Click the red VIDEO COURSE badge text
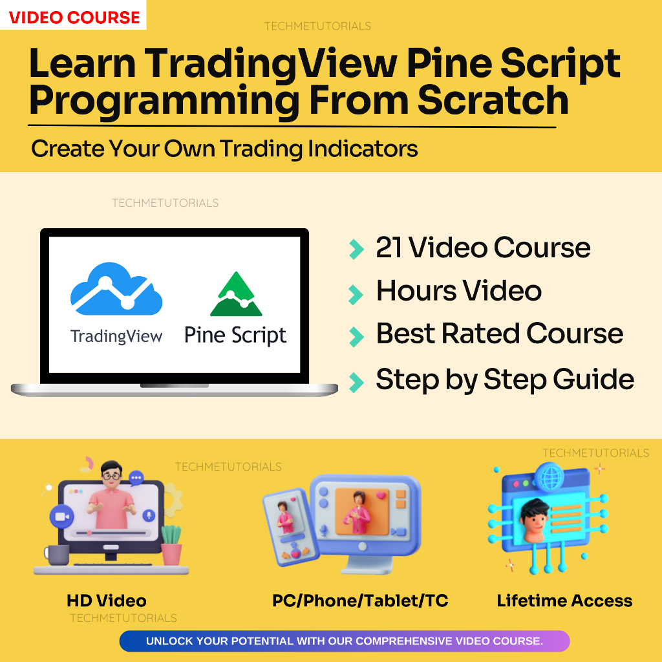click(74, 17)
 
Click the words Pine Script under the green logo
click(235, 336)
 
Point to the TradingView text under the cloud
click(116, 336)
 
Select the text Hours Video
click(458, 291)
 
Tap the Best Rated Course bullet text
click(499, 334)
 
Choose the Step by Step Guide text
click(504, 379)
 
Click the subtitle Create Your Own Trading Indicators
click(224, 149)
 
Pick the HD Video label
click(107, 601)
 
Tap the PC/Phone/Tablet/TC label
click(360, 601)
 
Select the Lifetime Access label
click(564, 601)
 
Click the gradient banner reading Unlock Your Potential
click(344, 641)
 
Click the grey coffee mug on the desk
click(58, 554)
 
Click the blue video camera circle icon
click(61, 517)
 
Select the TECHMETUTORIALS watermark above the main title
click(317, 27)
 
